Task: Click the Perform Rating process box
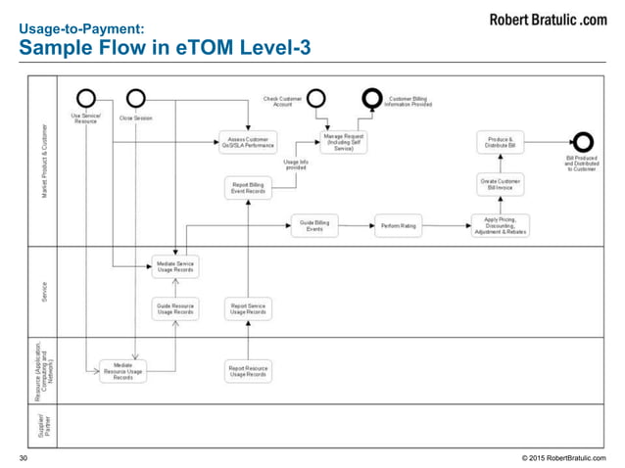pos(397,226)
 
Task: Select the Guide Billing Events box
pos(314,226)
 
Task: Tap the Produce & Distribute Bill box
pos(501,143)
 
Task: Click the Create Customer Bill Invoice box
pos(501,183)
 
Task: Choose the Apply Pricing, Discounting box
pos(501,226)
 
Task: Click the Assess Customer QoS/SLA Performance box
pos(248,143)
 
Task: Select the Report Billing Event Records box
pos(248,187)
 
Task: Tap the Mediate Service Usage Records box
pos(175,265)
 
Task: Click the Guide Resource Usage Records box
pos(175,309)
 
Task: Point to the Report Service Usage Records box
pos(248,309)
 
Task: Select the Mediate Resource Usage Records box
pos(122,371)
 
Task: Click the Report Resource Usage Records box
pos(248,371)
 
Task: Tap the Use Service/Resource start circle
pos(86,98)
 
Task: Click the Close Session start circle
pos(135,98)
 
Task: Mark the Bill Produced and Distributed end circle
pos(580,143)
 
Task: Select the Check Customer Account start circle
pos(316,98)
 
